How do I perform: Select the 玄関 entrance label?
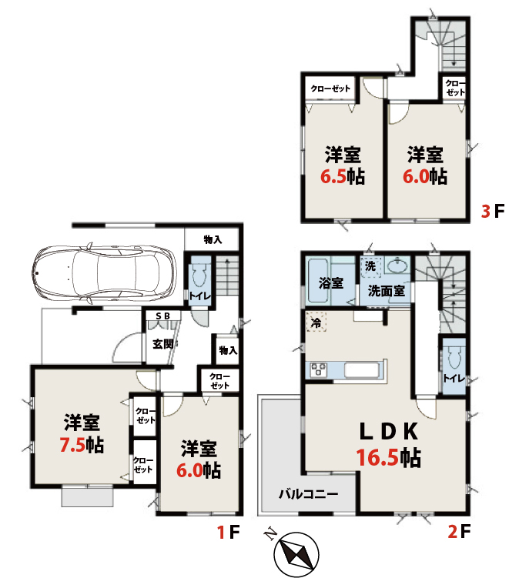pos(163,344)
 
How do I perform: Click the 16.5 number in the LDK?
pos(377,457)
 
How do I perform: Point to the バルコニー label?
pos(308,493)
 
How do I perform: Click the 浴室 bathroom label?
pos(331,283)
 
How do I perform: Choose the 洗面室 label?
pos(386,291)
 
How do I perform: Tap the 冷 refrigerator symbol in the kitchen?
pos(316,322)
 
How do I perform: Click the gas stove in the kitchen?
pos(318,370)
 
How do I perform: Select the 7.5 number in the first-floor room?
pos(72,445)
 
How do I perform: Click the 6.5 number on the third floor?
pos(333,176)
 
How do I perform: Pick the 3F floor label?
pos(492,211)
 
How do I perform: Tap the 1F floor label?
pos(228,532)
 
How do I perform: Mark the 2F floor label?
pos(459,532)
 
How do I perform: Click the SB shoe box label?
pos(162,316)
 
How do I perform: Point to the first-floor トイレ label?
pos(200,296)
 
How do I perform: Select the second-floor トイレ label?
pos(454,378)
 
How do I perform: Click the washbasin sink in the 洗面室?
pos(397,265)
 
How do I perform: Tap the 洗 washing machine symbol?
pos(370,266)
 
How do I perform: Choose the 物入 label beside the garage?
pos(213,239)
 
